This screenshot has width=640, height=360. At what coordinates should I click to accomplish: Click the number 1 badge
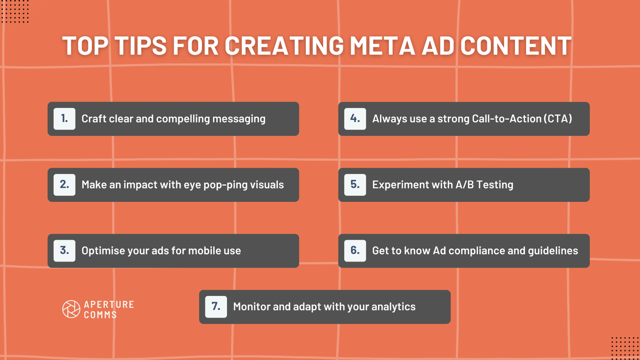pyautogui.click(x=64, y=119)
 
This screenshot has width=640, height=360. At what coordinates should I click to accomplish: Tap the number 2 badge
pyautogui.click(x=64, y=185)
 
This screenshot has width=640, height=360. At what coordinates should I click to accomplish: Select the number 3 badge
pyautogui.click(x=64, y=250)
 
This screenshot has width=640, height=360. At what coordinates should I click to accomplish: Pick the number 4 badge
pyautogui.click(x=355, y=119)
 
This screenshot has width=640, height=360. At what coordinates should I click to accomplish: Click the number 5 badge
pyautogui.click(x=355, y=185)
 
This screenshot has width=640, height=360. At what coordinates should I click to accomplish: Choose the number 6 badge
pyautogui.click(x=355, y=250)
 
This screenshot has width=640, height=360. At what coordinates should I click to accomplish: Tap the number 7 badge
pyautogui.click(x=216, y=307)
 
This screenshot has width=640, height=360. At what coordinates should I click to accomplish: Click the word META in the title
pyautogui.click(x=382, y=46)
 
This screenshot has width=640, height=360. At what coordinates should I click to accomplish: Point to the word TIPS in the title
pyautogui.click(x=140, y=46)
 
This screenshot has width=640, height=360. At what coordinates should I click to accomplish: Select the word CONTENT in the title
pyautogui.click(x=516, y=46)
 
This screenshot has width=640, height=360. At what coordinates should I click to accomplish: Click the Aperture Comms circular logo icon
pyautogui.click(x=71, y=309)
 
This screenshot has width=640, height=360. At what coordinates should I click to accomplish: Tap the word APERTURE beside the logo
pyautogui.click(x=109, y=305)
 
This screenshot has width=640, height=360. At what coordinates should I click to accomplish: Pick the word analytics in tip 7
pyautogui.click(x=393, y=307)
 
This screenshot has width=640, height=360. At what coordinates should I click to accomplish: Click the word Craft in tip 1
pyautogui.click(x=93, y=119)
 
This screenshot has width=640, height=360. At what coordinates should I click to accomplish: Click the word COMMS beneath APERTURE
pyautogui.click(x=100, y=315)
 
